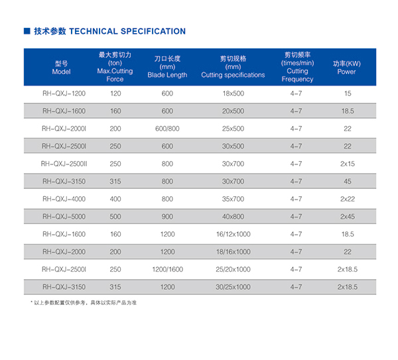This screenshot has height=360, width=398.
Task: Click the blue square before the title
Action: (x=27, y=31)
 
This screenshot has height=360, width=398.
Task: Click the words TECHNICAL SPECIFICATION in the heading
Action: (x=127, y=31)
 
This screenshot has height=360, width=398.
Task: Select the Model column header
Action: (x=61, y=67)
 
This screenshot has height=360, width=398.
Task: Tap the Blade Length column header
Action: (x=167, y=66)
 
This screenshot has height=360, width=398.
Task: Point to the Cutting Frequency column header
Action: (x=297, y=66)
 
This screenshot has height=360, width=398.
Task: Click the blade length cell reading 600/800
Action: (x=167, y=129)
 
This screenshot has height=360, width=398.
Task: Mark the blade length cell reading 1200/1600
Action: (x=167, y=269)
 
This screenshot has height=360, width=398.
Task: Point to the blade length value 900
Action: (x=167, y=216)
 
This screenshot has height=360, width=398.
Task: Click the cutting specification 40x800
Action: (x=233, y=216)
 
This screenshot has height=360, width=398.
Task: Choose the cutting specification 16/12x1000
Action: (x=233, y=234)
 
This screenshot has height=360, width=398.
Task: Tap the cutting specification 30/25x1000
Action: (x=233, y=286)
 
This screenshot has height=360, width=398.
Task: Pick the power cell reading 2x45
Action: (x=347, y=216)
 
